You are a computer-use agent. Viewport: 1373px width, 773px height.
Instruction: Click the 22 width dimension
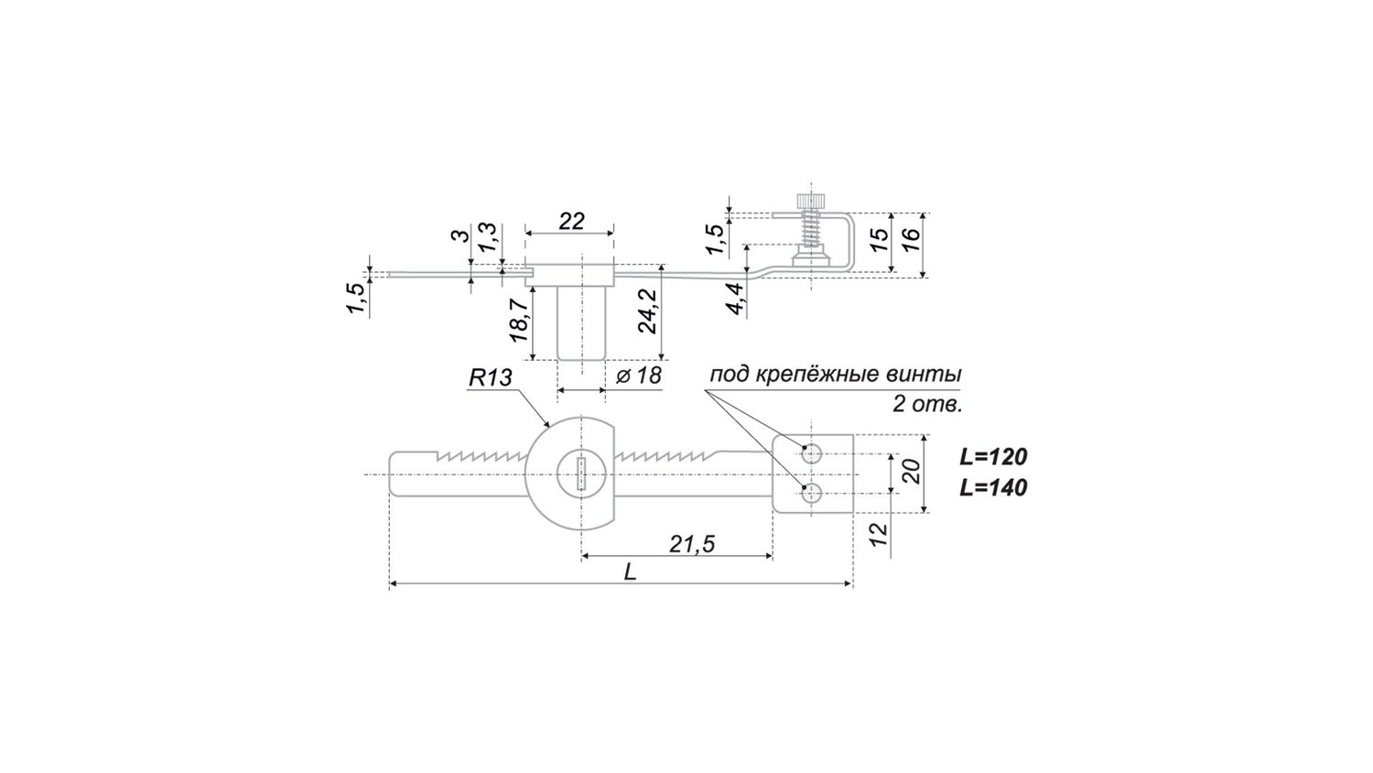pos(571,221)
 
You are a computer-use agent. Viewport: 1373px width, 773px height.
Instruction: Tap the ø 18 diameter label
pos(638,376)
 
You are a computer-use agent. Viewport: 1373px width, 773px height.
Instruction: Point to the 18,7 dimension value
pos(519,320)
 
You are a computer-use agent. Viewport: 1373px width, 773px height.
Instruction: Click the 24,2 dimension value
pos(647,310)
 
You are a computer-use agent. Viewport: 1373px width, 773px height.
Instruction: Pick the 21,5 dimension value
pos(691,544)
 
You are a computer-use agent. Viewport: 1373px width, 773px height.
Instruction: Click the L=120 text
pos(993,457)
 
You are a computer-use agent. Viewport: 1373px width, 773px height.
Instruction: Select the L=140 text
pos(993,487)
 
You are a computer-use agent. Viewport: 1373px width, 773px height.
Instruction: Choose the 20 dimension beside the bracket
pos(910,473)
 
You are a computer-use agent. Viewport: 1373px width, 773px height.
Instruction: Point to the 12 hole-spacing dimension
pos(879,535)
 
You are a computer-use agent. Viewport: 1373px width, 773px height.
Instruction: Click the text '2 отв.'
pos(927,404)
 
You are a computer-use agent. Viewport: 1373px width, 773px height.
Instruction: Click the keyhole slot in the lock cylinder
pos(580,474)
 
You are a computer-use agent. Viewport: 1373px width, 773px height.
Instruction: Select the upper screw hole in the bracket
pos(810,453)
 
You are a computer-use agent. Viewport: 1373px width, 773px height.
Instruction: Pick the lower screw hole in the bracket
pos(810,494)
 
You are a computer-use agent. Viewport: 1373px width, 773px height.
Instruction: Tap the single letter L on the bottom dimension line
pos(630,572)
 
